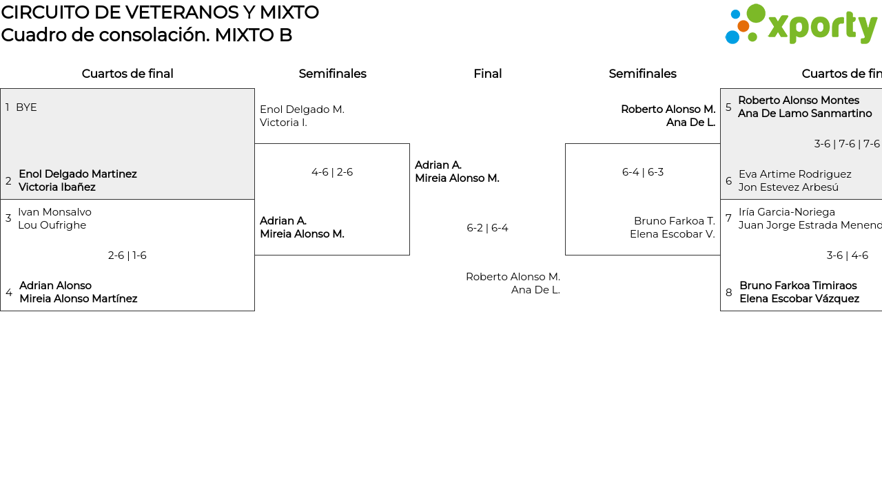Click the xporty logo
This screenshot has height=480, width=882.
801,24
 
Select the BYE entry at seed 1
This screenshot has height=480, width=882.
26,107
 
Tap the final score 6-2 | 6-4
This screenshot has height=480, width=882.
487,228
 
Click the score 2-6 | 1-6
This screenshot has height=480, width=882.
127,255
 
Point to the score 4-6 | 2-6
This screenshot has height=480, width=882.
332,172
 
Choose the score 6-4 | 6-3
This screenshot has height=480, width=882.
642,172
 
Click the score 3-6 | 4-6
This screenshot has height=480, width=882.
847,255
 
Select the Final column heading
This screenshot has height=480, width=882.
487,74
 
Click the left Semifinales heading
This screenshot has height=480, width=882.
332,74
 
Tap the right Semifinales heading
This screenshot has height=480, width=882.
642,74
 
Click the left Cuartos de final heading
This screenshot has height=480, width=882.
127,74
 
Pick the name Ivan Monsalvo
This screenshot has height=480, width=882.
54,212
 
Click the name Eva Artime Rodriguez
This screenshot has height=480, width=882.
794,174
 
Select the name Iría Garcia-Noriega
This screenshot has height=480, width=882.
786,212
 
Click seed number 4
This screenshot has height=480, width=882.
9,293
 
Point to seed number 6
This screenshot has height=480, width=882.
728,181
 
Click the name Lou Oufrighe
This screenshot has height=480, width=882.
52,225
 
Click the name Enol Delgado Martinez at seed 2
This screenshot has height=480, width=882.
77,174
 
